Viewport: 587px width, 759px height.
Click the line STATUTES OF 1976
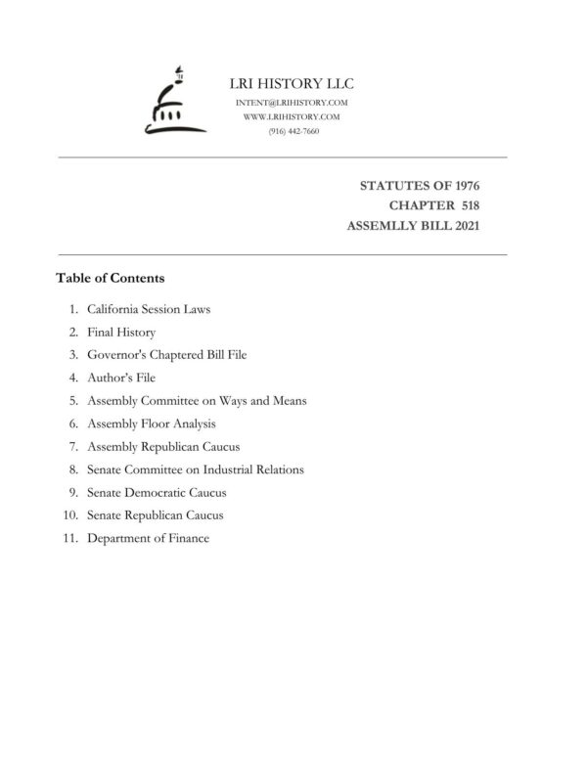click(x=420, y=185)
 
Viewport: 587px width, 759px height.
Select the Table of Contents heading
click(x=110, y=278)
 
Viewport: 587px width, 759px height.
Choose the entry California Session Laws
click(x=149, y=309)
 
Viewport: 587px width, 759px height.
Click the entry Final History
click(x=121, y=333)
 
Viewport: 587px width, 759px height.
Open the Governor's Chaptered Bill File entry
click(x=166, y=355)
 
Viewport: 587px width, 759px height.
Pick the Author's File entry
click(x=121, y=378)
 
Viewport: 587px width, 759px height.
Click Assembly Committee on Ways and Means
click(x=197, y=401)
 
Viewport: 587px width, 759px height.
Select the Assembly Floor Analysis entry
click(x=152, y=424)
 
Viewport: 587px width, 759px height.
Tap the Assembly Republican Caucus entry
click(x=162, y=447)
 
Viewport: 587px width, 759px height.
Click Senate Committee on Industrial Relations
click(x=195, y=469)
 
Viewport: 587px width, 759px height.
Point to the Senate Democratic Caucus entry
click(x=157, y=492)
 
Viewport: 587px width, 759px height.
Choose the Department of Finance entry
click(x=148, y=538)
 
